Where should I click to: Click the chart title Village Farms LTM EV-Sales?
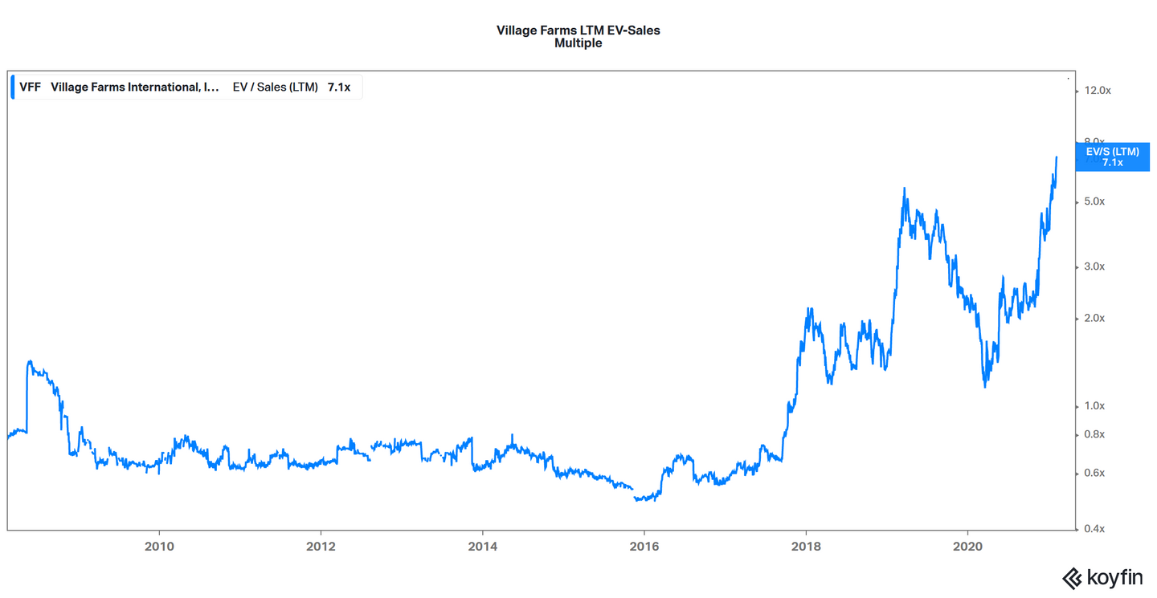[x=578, y=31]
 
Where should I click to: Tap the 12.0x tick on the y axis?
[x=1097, y=91]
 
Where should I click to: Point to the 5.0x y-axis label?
[x=1094, y=201]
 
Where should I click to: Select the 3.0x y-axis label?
[x=1094, y=266]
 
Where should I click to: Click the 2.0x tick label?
[x=1094, y=319]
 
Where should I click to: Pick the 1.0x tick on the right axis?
[x=1094, y=406]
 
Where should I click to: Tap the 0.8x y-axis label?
[x=1094, y=435]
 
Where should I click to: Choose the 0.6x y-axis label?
[x=1094, y=473]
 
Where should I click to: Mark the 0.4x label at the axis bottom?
[x=1094, y=529]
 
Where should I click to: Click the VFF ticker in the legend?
[x=31, y=87]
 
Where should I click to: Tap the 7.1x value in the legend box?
[x=338, y=87]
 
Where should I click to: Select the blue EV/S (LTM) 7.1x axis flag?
[x=1112, y=157]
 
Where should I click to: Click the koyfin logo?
[x=1102, y=578]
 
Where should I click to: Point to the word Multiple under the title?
[x=578, y=43]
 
